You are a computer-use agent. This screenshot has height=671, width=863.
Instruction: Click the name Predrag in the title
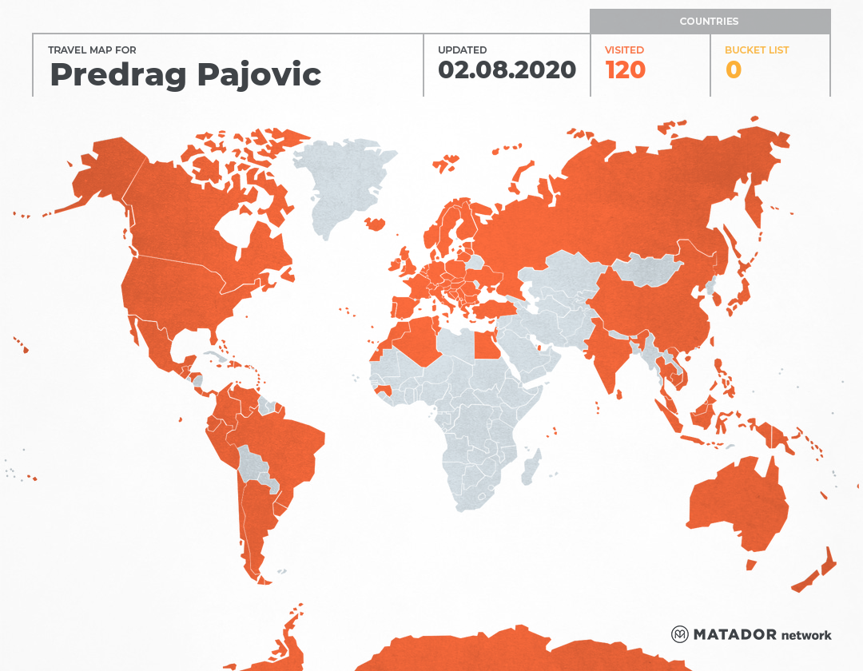coord(117,74)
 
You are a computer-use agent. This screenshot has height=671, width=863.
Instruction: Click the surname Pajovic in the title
coord(259,74)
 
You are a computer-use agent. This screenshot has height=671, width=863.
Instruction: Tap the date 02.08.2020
coord(507,70)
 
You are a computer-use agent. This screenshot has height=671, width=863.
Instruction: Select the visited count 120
coord(625,70)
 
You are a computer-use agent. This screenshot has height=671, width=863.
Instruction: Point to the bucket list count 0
coord(733,70)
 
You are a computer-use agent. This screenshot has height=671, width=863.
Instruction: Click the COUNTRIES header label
coord(709,22)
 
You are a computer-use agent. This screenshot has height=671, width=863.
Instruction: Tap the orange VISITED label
coord(624,50)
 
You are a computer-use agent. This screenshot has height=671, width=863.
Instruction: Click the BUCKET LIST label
coord(756,50)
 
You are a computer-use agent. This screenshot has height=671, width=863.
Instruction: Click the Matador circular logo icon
coord(679,634)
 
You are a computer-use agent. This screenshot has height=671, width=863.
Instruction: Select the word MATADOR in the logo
coord(735,634)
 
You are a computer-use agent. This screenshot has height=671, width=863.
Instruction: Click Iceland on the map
coord(373,223)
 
